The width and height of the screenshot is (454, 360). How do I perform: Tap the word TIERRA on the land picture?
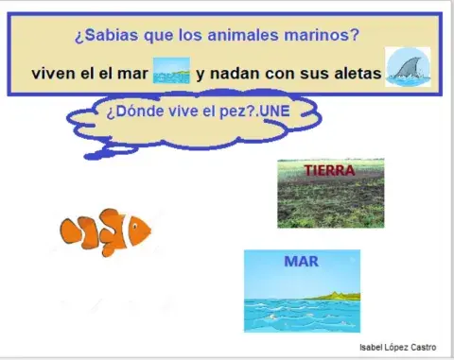329,171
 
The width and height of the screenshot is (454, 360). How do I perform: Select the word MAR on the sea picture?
301,262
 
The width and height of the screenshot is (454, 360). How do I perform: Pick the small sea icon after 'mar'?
171,70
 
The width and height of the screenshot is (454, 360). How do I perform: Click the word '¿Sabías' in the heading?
102,37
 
